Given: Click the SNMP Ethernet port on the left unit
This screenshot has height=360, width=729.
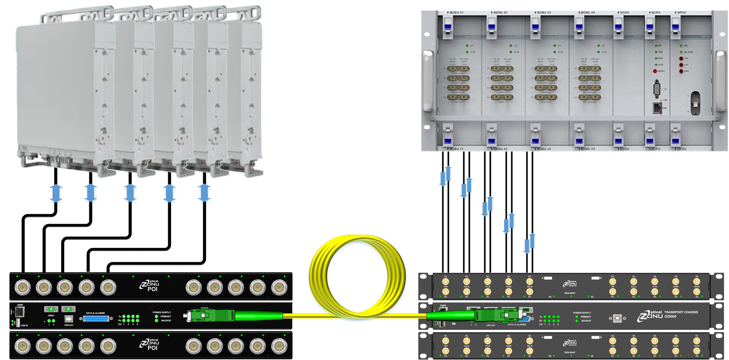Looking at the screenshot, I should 20,312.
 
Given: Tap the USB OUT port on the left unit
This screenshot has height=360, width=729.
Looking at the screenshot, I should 69,319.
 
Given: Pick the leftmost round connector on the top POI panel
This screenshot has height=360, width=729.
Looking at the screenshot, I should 23,288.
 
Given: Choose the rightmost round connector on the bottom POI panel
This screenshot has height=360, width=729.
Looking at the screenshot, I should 279,346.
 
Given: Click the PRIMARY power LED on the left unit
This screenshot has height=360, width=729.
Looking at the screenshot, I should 156,316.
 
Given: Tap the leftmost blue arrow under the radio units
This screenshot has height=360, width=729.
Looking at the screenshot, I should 56,193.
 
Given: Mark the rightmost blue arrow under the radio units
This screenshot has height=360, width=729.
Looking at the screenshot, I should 204,193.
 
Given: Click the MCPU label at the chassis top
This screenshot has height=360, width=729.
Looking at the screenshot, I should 654,13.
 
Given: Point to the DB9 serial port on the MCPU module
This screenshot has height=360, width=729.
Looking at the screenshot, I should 657,88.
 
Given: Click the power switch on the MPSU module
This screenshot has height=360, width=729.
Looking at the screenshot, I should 695,103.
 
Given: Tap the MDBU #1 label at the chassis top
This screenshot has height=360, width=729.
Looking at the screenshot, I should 454,13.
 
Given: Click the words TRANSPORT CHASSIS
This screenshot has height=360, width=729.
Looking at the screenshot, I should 681,312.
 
